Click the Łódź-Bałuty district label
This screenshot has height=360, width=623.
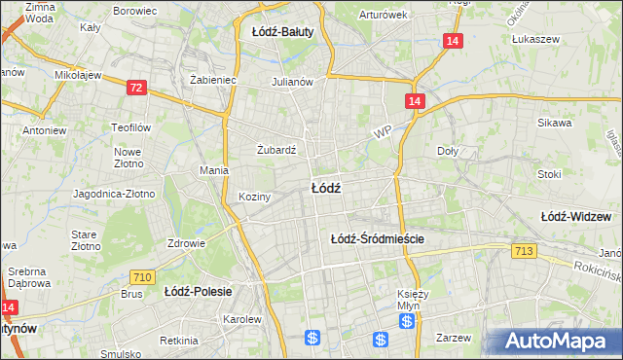[282, 31]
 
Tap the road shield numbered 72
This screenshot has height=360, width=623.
[136, 88]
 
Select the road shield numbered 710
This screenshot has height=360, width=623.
[142, 277]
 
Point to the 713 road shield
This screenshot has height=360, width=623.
[524, 252]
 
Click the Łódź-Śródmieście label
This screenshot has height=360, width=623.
[379, 237]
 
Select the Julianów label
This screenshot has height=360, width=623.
[292, 82]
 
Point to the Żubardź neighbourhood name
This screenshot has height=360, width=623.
[276, 150]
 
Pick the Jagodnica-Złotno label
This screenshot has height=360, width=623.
[114, 194]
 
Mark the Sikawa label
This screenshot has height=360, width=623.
[554, 124]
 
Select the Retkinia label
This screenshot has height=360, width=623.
[179, 341]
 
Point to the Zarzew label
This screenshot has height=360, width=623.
[454, 338]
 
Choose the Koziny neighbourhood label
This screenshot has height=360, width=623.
[253, 197]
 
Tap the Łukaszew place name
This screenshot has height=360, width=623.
[532, 40]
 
